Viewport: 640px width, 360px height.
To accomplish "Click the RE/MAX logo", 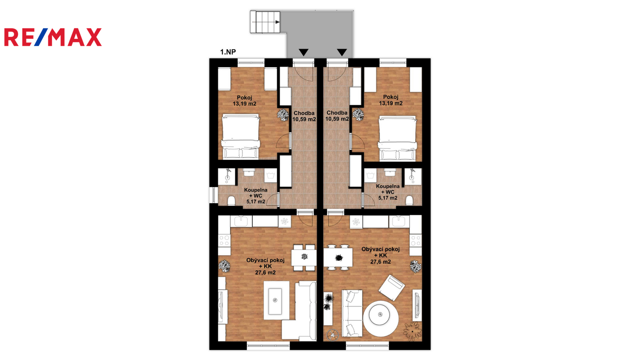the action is [x=53, y=37].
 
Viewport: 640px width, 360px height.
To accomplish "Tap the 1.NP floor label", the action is [x=228, y=52].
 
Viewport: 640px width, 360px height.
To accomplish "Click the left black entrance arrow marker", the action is [x=304, y=52].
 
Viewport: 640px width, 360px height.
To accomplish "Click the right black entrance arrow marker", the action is [x=342, y=52].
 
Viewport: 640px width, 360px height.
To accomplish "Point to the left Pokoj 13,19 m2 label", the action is [x=244, y=100].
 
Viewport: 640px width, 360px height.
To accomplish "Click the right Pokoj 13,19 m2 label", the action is [x=390, y=100].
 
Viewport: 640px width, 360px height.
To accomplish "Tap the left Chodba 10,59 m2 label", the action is [x=304, y=116].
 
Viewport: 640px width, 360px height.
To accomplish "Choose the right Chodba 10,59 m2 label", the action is [x=337, y=116].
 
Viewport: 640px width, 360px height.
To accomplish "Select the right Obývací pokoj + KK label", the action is [x=380, y=256].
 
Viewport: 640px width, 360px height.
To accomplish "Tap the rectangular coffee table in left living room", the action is [x=275, y=300].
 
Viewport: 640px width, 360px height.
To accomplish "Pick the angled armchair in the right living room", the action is [x=392, y=288].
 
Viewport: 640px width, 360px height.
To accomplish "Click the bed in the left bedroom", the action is [x=241, y=136].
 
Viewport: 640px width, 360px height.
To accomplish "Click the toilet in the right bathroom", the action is [x=409, y=200].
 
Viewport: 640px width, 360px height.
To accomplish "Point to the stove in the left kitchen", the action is [x=224, y=240].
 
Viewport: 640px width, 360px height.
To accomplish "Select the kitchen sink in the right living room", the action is [x=399, y=221].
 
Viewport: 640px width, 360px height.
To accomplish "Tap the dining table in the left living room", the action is [x=304, y=258].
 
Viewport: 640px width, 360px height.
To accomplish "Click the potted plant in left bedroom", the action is [x=283, y=115].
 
